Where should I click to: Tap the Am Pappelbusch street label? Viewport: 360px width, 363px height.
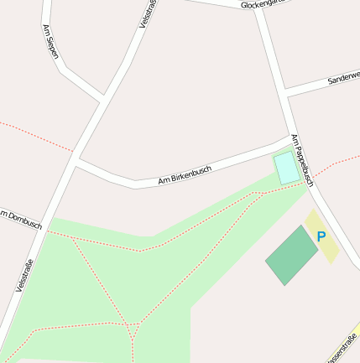coord(302,159)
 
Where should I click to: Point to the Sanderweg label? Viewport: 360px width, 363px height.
coord(344,77)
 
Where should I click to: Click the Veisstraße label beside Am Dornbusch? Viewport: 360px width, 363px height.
coord(24,274)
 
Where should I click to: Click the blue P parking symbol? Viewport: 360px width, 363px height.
coord(321,237)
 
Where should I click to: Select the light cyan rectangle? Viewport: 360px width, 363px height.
coord(286,168)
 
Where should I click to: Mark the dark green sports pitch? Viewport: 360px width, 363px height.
coord(291,255)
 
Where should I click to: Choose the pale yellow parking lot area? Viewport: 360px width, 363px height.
coord(322,237)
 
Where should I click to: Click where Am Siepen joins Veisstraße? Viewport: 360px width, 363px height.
coord(102,101)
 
